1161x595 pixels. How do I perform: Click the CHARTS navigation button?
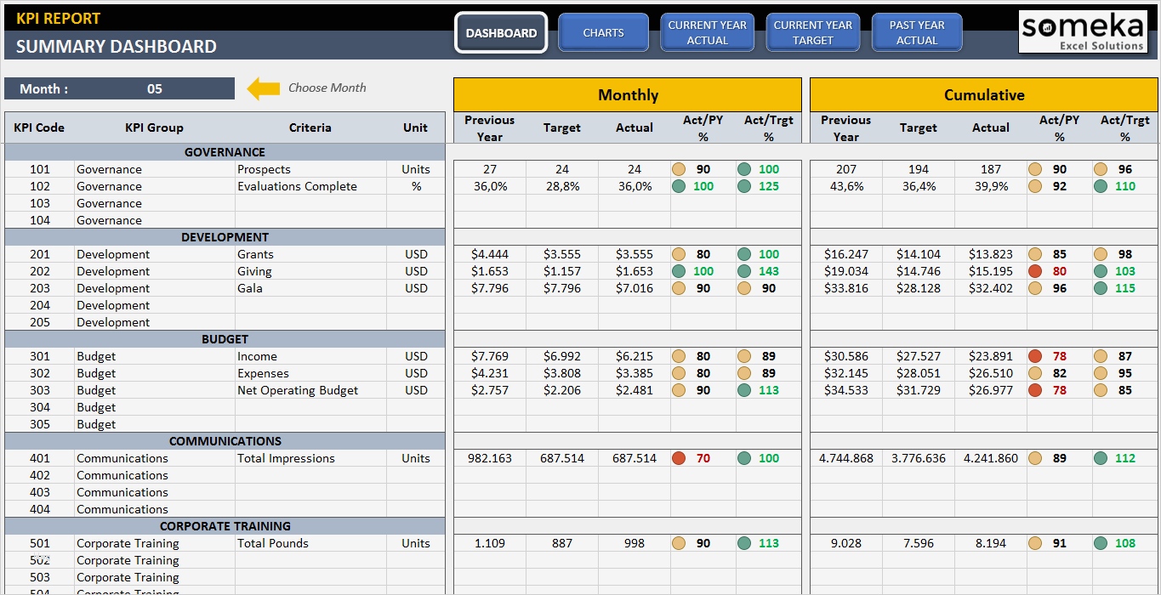click(x=603, y=33)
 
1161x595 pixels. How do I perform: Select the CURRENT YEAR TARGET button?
click(x=812, y=33)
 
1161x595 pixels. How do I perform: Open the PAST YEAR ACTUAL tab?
click(x=916, y=33)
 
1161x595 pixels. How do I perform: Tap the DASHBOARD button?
click(x=501, y=33)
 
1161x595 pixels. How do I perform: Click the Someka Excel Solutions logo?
click(x=1082, y=32)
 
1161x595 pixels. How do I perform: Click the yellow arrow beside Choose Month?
click(x=264, y=88)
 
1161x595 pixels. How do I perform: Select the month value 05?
click(x=154, y=89)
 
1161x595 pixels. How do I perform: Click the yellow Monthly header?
click(x=628, y=95)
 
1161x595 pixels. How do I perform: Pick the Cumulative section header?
click(x=983, y=95)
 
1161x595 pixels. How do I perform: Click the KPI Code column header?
click(x=39, y=127)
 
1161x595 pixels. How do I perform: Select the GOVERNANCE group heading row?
click(x=225, y=152)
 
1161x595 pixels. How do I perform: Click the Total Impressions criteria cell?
click(x=286, y=458)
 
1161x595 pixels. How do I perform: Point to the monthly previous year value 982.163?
click(x=490, y=458)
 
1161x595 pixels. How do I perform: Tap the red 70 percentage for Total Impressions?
click(x=703, y=458)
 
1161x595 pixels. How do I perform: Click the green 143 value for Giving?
click(x=768, y=271)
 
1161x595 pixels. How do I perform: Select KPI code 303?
click(x=40, y=390)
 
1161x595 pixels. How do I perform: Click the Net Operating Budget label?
click(x=298, y=390)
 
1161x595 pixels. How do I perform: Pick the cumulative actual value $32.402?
click(x=991, y=288)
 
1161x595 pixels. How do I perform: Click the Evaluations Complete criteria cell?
click(x=297, y=186)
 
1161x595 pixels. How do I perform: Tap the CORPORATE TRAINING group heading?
click(x=225, y=526)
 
